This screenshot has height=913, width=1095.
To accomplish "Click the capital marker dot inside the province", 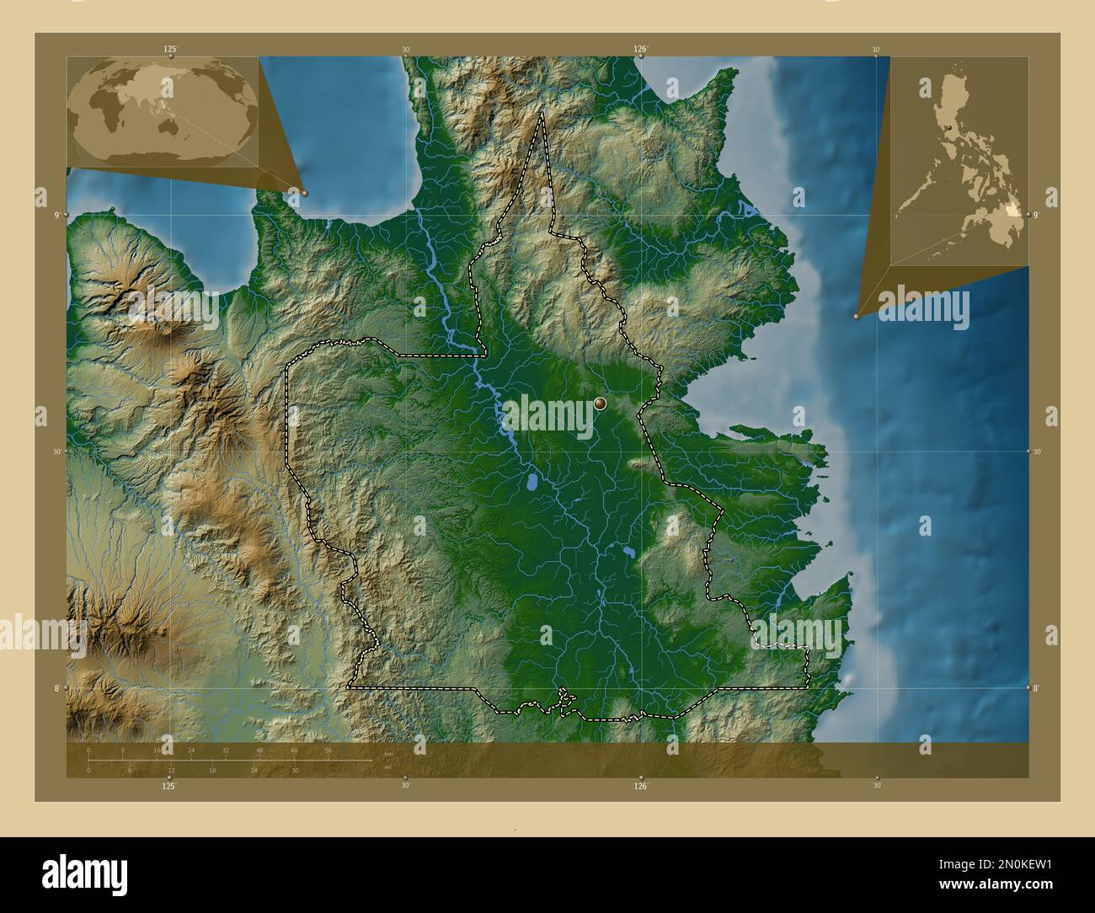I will (600, 404).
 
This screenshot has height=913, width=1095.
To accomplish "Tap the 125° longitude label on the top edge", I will (170, 50).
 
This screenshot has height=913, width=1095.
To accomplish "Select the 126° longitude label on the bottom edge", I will (640, 787).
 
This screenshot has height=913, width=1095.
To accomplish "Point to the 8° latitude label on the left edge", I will (56, 688).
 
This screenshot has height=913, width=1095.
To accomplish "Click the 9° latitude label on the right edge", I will (1037, 216).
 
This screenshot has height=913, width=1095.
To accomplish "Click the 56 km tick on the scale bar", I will (328, 750).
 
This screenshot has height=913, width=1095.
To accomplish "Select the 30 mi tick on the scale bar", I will (295, 770).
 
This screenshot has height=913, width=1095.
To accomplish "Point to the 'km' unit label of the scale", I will (388, 753).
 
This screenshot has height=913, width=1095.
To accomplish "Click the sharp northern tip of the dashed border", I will (542, 114).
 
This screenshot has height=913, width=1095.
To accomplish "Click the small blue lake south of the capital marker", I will (533, 484).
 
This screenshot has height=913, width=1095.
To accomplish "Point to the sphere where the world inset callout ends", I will (305, 193).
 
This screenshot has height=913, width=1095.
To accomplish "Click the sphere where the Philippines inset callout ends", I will (857, 317).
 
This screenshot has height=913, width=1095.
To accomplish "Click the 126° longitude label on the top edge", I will (640, 50).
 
